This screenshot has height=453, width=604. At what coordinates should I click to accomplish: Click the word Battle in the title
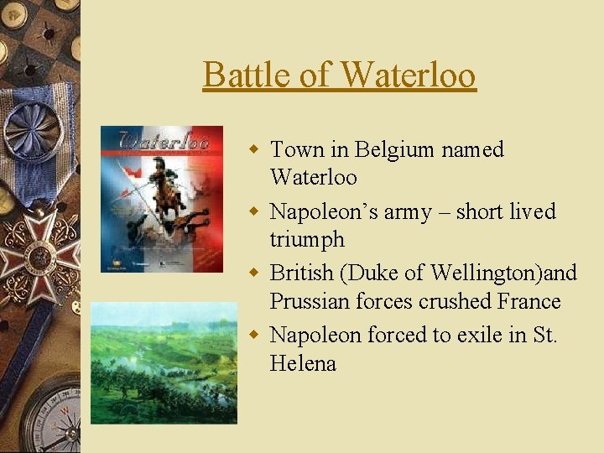pyautogui.click(x=241, y=75)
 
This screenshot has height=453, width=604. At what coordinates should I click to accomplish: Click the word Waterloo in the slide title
pyautogui.click(x=409, y=75)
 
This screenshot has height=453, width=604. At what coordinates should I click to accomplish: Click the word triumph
pyautogui.click(x=307, y=240)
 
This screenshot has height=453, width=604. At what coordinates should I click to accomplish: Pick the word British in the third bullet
pyautogui.click(x=302, y=273)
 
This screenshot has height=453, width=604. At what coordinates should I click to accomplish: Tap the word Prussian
pyautogui.click(x=310, y=301)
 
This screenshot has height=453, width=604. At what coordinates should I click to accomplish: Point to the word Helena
pyautogui.click(x=303, y=363)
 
